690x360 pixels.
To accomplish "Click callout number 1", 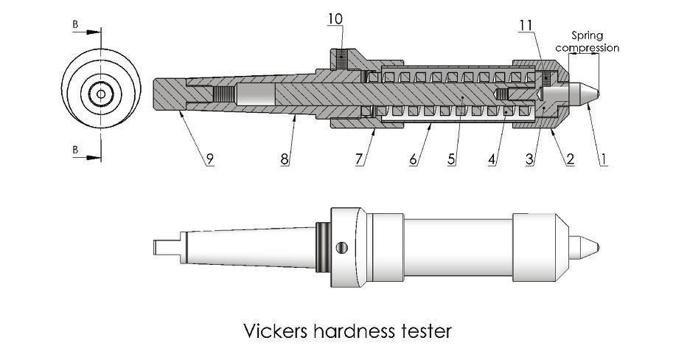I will tap(603, 159).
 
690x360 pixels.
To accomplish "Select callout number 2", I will tap(570, 159).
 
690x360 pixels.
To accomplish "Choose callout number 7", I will tap(359, 159).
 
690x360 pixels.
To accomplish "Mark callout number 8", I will tap(284, 159).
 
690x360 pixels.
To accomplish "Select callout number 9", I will tap(209, 159).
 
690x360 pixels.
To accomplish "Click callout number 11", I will tap(526, 26).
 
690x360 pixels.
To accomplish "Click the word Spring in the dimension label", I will tap(588, 35).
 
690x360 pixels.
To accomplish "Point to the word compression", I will tap(588, 48).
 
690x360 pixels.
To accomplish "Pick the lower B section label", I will tap(74, 150).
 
